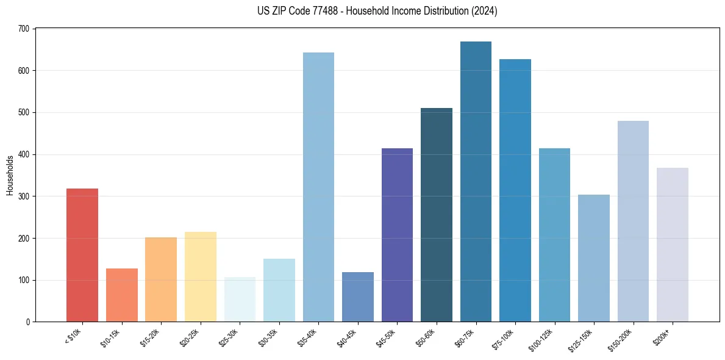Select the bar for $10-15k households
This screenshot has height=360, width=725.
tap(121, 295)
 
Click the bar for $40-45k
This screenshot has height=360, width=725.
tap(358, 297)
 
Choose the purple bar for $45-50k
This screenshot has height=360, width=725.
tap(397, 235)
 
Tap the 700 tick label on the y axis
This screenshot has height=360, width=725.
tap(24, 29)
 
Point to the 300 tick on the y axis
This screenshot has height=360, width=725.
tap(24, 196)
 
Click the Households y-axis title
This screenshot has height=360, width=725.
tap(10, 175)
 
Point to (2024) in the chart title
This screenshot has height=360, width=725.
tap(485, 11)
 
